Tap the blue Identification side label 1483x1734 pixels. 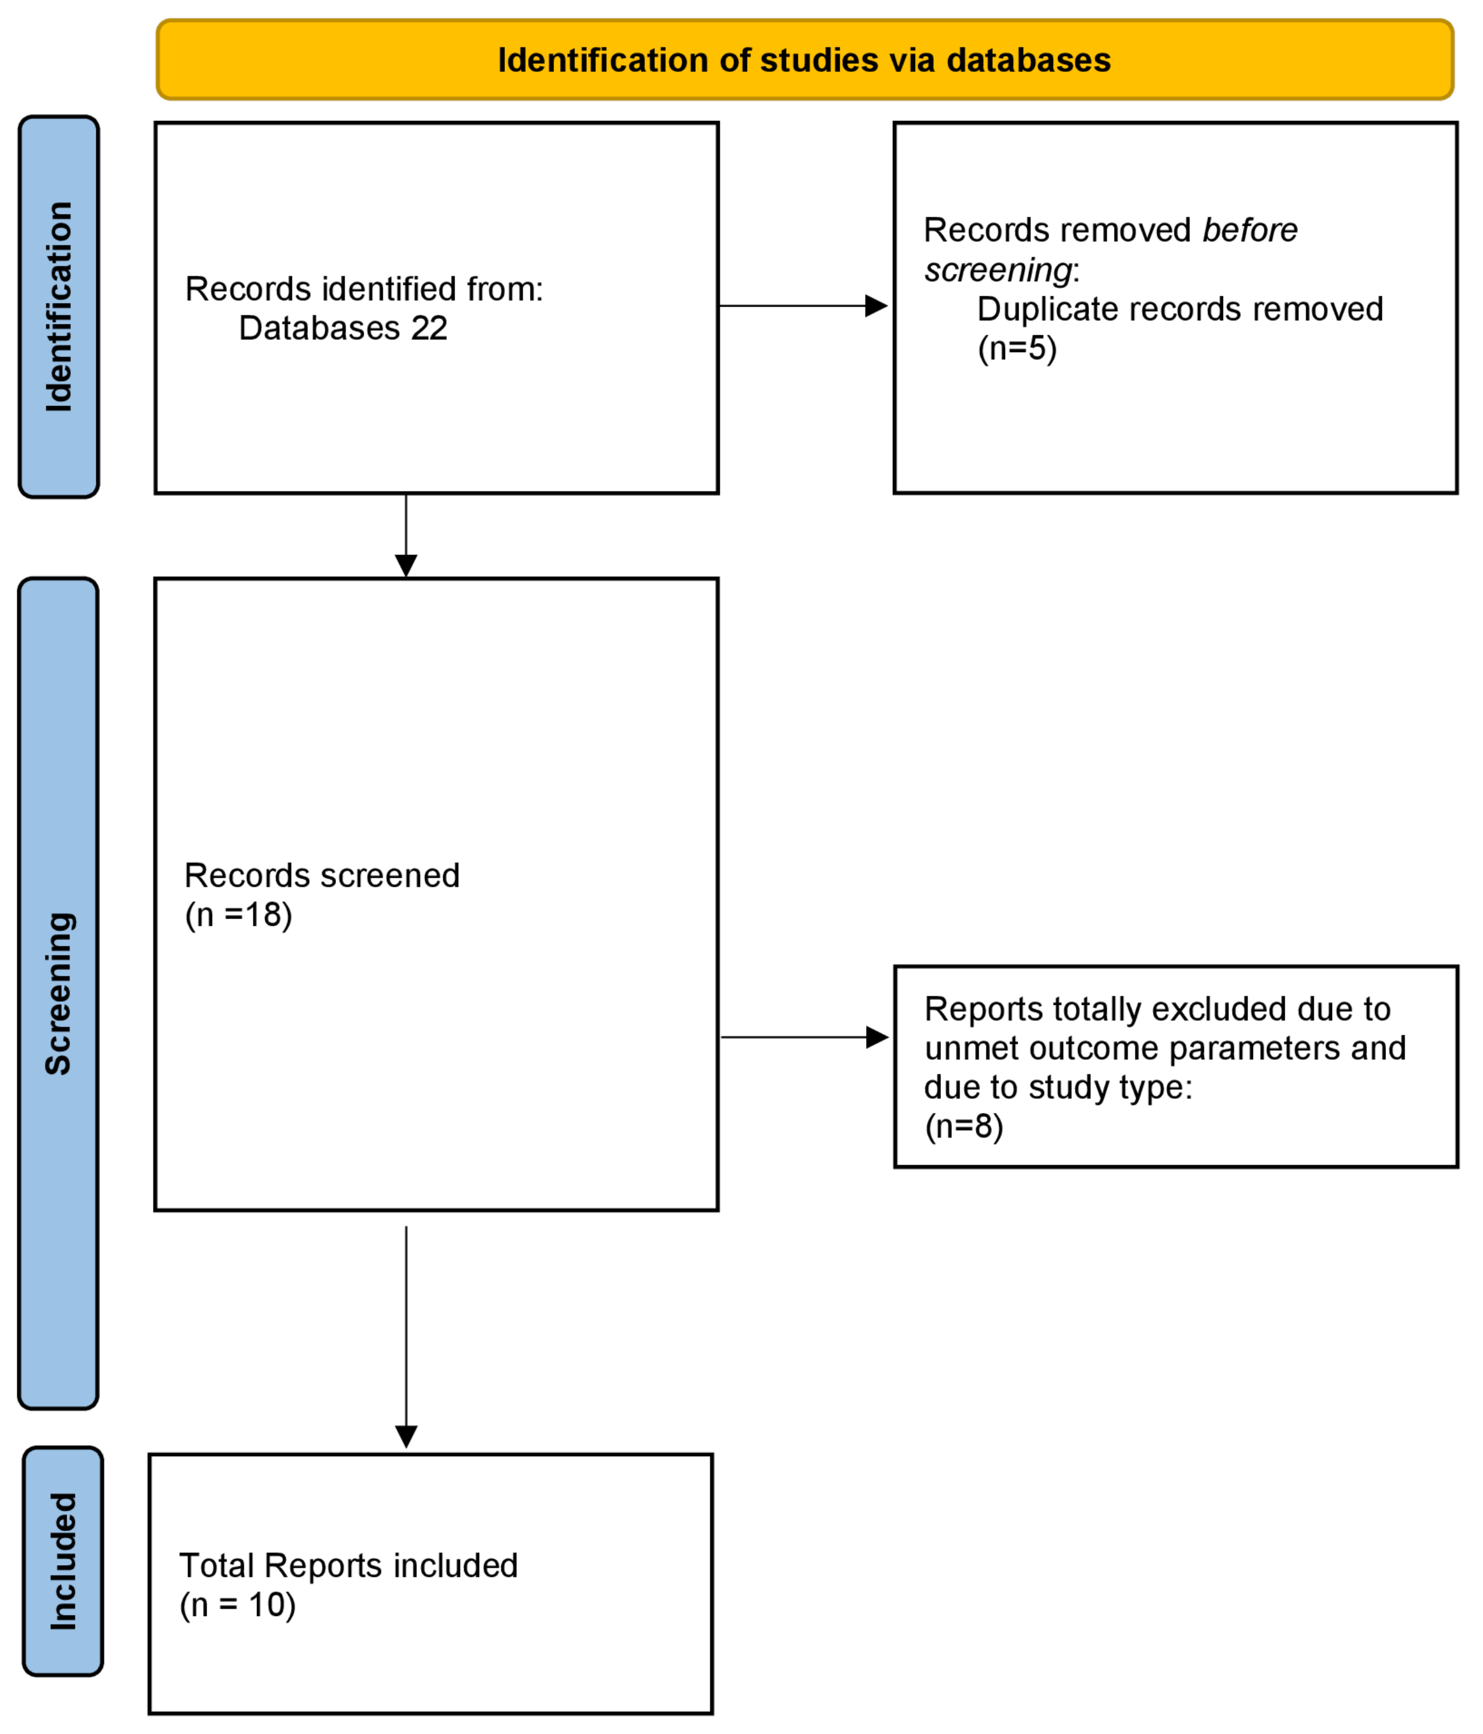59,307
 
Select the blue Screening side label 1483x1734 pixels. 59,993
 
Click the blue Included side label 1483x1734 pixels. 63,1561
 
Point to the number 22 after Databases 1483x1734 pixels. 428,328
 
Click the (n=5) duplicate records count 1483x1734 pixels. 1017,348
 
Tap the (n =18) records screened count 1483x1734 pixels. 238,915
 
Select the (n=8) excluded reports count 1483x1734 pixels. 963,1126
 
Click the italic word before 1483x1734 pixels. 1249,230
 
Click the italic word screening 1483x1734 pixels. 998,270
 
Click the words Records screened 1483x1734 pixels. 322,876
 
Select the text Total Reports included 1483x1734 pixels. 348,1566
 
